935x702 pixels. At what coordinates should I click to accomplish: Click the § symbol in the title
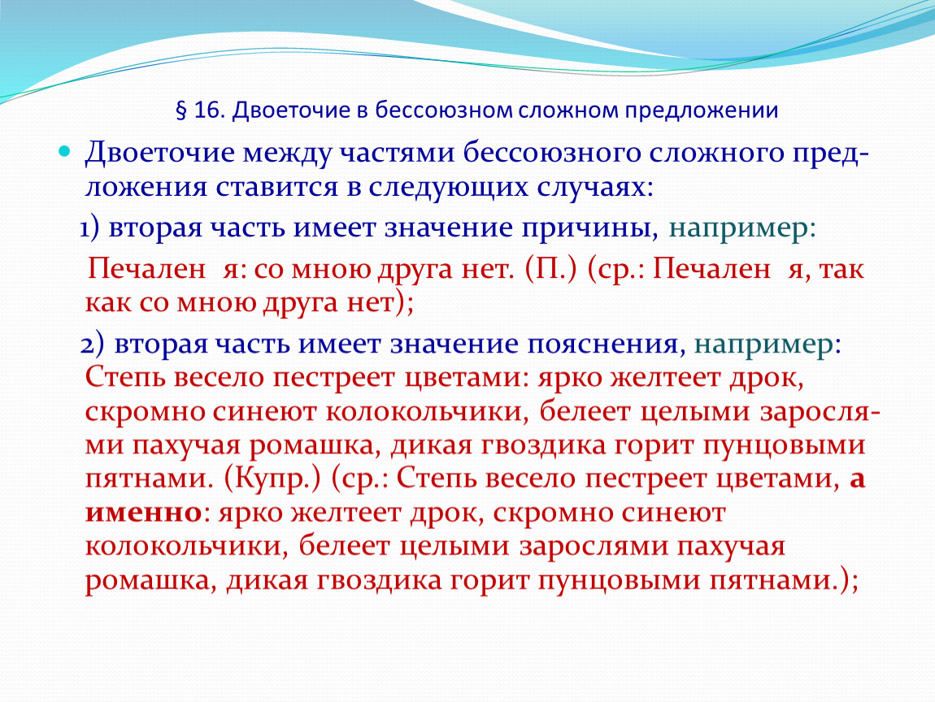pos(181,110)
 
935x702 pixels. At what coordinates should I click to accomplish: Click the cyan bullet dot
pos(64,151)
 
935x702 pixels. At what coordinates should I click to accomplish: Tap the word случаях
pos(596,187)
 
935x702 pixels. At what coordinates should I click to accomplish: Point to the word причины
pos(590,229)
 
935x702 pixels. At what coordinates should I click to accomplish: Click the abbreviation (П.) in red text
pos(551,270)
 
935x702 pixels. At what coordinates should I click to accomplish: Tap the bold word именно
pos(143,513)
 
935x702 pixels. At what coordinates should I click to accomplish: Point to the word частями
pos(397,154)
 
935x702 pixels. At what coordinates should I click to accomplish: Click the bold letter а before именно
pos(856,480)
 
